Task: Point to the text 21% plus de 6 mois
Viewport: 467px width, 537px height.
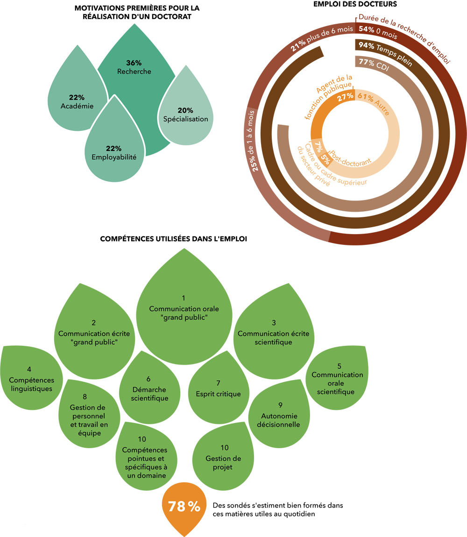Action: [322, 38]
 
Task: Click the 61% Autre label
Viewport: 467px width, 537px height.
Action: [373, 103]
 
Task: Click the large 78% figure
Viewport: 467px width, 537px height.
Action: [184, 507]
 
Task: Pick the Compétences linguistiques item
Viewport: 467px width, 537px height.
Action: [31, 379]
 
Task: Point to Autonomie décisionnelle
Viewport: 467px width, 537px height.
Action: [280, 415]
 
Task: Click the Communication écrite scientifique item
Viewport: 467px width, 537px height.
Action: [273, 333]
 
